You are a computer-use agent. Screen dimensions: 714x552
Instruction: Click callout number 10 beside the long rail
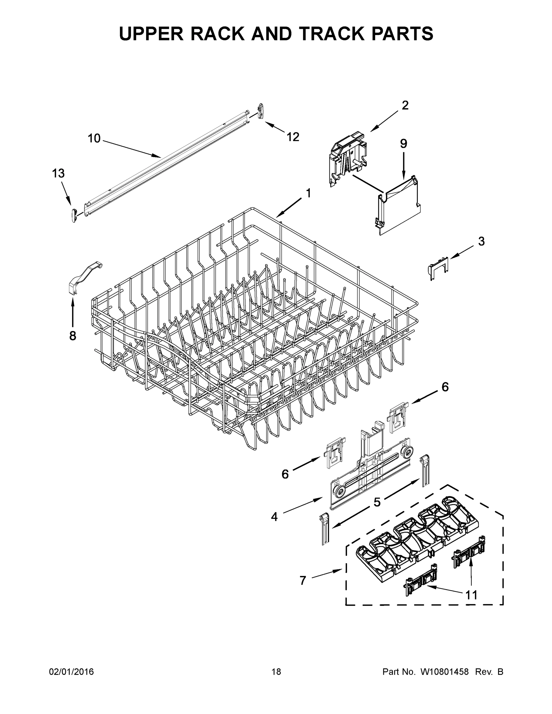[x=94, y=139]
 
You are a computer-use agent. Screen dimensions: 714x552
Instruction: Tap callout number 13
[x=58, y=173]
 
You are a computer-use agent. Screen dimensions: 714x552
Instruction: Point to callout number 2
[x=405, y=105]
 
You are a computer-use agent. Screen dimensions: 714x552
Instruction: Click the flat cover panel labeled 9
[x=399, y=206]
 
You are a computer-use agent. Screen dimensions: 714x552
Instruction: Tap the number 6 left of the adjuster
[x=285, y=474]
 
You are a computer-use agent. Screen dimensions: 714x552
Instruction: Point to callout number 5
[x=377, y=502]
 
